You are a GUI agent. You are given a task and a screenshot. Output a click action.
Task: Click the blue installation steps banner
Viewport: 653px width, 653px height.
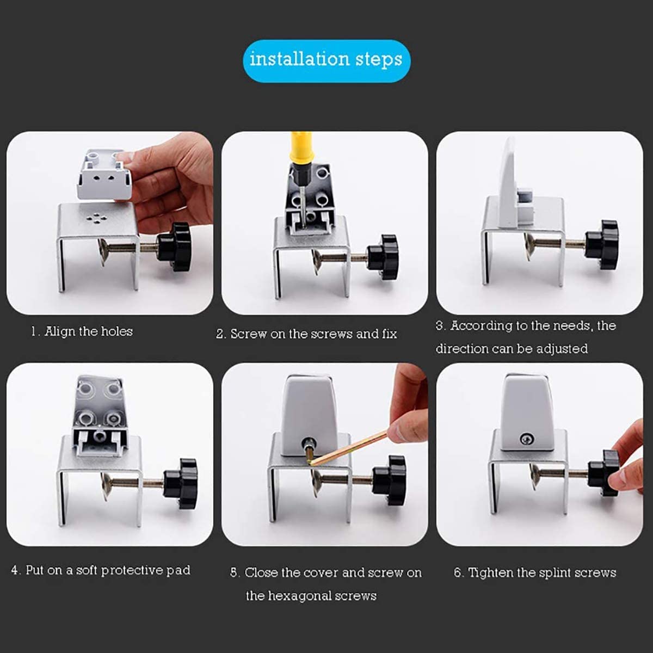point(326,61)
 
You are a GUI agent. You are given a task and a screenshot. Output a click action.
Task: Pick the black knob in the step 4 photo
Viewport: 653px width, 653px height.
point(180,484)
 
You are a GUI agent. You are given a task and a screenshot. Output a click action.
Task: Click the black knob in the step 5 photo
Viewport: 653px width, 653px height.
point(389,480)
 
